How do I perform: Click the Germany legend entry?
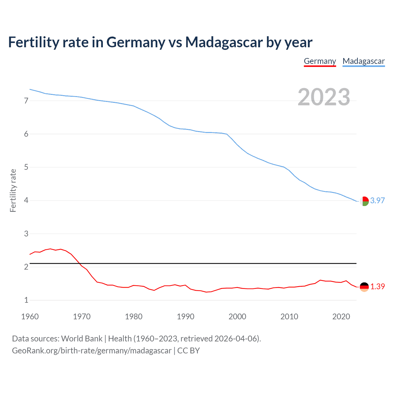[320, 61]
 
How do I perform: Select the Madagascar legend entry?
[364, 61]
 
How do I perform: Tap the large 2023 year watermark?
[324, 97]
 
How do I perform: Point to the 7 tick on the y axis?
[26, 101]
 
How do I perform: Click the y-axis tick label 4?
[26, 200]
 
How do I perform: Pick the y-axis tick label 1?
[26, 300]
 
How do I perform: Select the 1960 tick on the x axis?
[30, 317]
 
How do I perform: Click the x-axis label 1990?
[185, 317]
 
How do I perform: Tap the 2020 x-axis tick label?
[341, 317]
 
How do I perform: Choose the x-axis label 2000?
[237, 317]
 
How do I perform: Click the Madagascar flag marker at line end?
[364, 201]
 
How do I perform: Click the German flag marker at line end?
[364, 287]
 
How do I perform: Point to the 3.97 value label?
[377, 200]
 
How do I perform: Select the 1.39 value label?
[377, 286]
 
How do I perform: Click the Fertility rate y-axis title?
[13, 190]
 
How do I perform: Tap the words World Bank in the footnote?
[82, 339]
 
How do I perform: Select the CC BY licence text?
[189, 351]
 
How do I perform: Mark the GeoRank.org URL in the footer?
[91, 351]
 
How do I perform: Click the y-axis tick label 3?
[26, 234]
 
